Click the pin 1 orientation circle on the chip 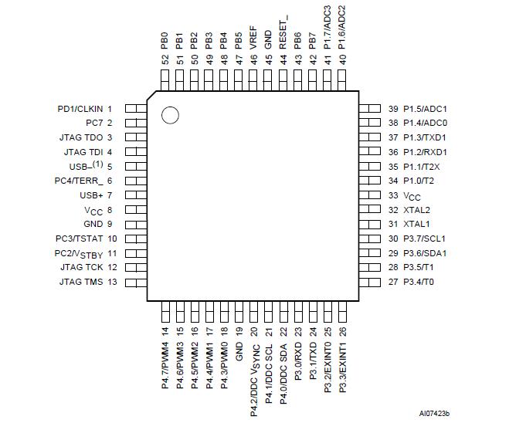point(170,116)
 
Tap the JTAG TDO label point(81,137)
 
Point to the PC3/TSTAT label point(80,239)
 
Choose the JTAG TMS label point(81,282)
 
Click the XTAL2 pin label point(416,210)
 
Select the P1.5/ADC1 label point(425,109)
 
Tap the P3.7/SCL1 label point(425,239)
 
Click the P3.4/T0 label point(419,282)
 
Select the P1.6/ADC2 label point(342,28)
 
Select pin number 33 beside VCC point(393,195)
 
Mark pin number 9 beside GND point(110,224)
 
